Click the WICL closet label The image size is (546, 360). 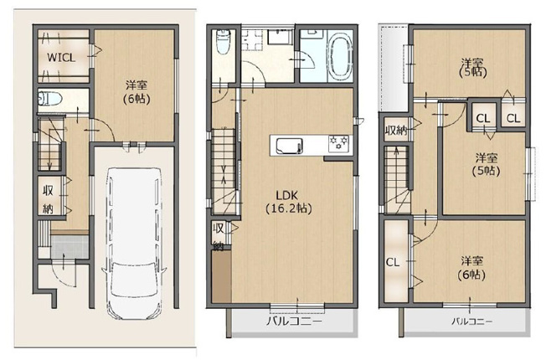point(61,58)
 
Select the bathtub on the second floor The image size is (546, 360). point(341,57)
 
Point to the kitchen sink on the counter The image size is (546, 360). point(289,146)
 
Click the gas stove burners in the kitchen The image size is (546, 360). point(338,143)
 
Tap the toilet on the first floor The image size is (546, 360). point(49,99)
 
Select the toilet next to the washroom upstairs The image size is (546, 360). point(224,41)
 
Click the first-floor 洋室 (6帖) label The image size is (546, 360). point(136,92)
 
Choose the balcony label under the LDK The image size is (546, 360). point(295,321)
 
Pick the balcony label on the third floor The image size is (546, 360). point(471,321)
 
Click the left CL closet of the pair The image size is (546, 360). point(483,118)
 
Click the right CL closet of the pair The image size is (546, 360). point(513,118)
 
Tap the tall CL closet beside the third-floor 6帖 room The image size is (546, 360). point(396,261)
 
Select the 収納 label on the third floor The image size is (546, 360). point(396,131)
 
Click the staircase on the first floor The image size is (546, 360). point(49,145)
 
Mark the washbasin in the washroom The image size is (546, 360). point(279,36)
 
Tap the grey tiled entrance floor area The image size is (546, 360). point(70,247)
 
